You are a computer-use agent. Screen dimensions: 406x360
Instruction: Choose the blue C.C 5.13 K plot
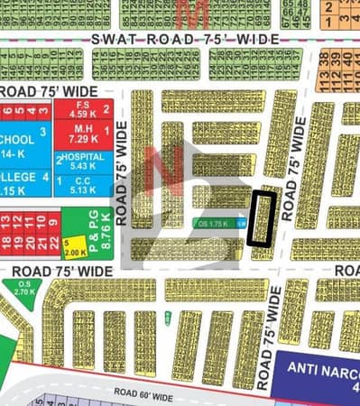click(x=81, y=186)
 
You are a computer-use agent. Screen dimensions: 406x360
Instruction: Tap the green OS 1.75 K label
click(x=214, y=222)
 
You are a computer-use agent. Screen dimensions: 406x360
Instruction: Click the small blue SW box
click(x=241, y=223)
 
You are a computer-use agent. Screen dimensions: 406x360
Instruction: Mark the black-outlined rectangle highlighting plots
click(x=263, y=217)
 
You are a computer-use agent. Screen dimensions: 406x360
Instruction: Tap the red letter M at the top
click(x=189, y=12)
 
